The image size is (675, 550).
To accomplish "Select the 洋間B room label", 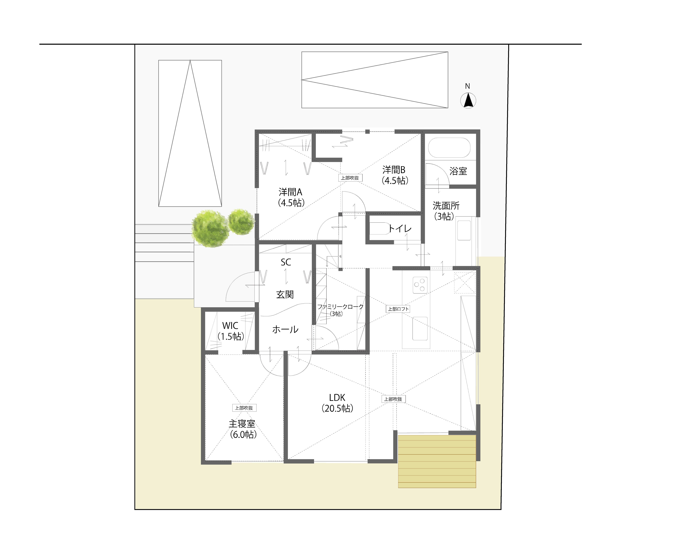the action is (x=394, y=170).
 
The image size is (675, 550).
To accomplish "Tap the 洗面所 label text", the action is (x=446, y=206).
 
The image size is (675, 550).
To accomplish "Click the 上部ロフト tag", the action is (x=398, y=309).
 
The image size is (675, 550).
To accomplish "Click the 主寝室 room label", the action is (x=242, y=424).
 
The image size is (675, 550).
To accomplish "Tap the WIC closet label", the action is (x=230, y=325).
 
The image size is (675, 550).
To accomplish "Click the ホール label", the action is (x=285, y=329).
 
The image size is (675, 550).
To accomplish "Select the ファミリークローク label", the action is (x=340, y=307).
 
